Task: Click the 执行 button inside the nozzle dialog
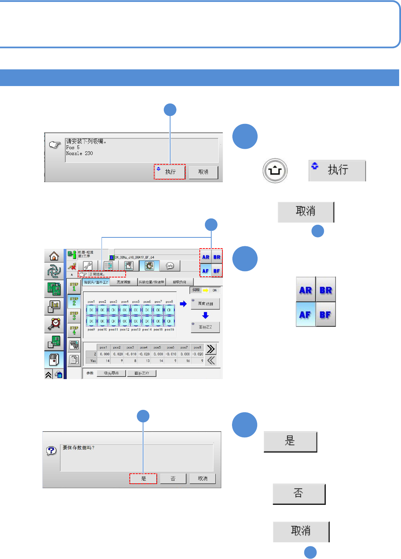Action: click(x=170, y=172)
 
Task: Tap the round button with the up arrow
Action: click(x=275, y=171)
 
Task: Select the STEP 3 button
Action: click(x=74, y=315)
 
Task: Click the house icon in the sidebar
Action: click(x=54, y=256)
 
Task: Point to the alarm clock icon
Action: click(x=54, y=324)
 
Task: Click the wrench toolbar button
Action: click(x=87, y=266)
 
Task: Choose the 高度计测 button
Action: click(x=205, y=303)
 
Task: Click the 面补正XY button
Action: click(x=142, y=373)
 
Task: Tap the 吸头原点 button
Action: click(x=111, y=373)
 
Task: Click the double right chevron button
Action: click(x=211, y=349)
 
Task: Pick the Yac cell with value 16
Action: click(x=185, y=361)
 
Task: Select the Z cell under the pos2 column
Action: click(x=117, y=354)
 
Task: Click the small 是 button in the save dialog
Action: click(x=143, y=479)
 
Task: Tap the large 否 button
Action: click(x=299, y=494)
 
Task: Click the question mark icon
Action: click(x=51, y=450)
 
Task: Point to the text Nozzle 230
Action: click(x=80, y=153)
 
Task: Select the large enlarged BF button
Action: click(x=325, y=315)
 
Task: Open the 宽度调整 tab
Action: click(x=123, y=282)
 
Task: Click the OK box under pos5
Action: click(x=136, y=310)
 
